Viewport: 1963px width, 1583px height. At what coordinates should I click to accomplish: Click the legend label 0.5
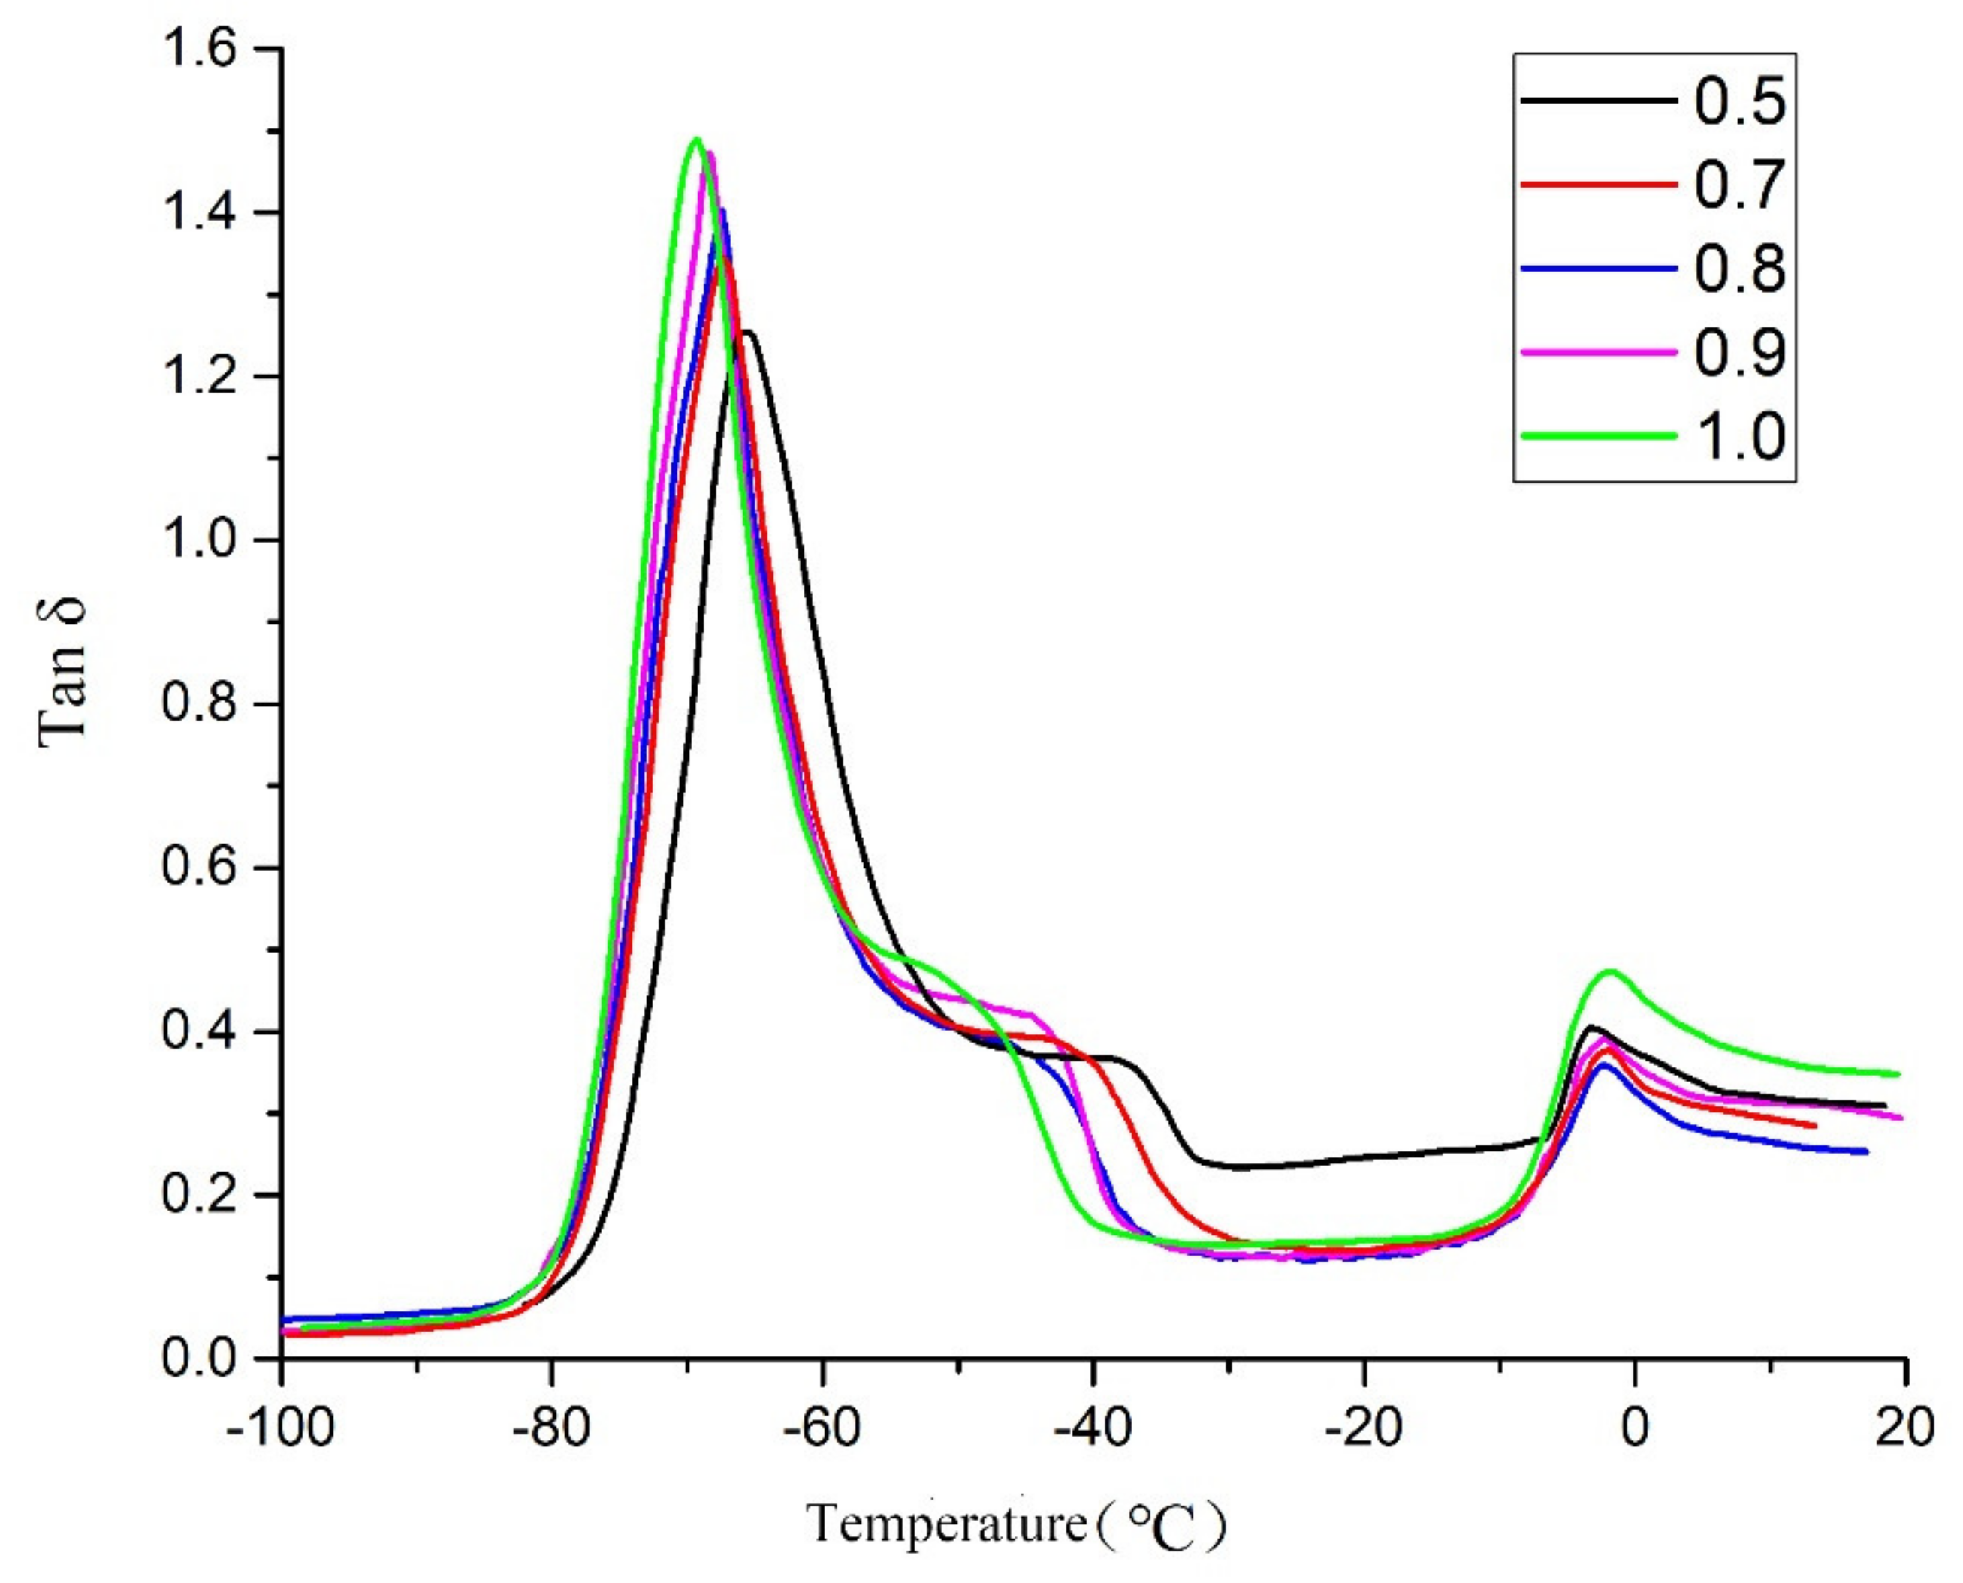(1739, 101)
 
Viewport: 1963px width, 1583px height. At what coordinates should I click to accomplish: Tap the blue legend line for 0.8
(1598, 269)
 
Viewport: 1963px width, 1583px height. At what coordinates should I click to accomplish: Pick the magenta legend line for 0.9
(1598, 352)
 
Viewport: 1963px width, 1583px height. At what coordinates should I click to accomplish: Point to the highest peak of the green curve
(697, 140)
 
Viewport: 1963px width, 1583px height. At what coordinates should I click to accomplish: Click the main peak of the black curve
(748, 332)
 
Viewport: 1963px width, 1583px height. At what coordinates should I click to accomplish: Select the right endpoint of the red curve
(1815, 1126)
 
